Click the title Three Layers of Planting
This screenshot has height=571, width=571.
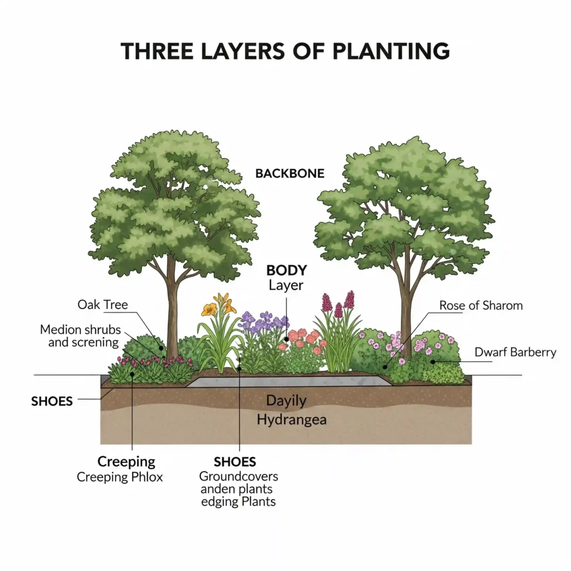[285, 51]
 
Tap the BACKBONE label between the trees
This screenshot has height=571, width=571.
[289, 173]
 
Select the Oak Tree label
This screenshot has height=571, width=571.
[103, 305]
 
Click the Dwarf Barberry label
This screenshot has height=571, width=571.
[515, 352]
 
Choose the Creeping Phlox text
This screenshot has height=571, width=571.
[120, 477]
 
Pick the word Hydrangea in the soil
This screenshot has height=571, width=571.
[292, 419]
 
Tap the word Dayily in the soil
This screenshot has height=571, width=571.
[286, 400]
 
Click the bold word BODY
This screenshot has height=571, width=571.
[287, 270]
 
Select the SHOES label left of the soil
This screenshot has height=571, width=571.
[51, 401]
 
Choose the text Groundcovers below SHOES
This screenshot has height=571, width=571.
[239, 477]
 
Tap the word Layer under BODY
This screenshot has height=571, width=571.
[286, 285]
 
